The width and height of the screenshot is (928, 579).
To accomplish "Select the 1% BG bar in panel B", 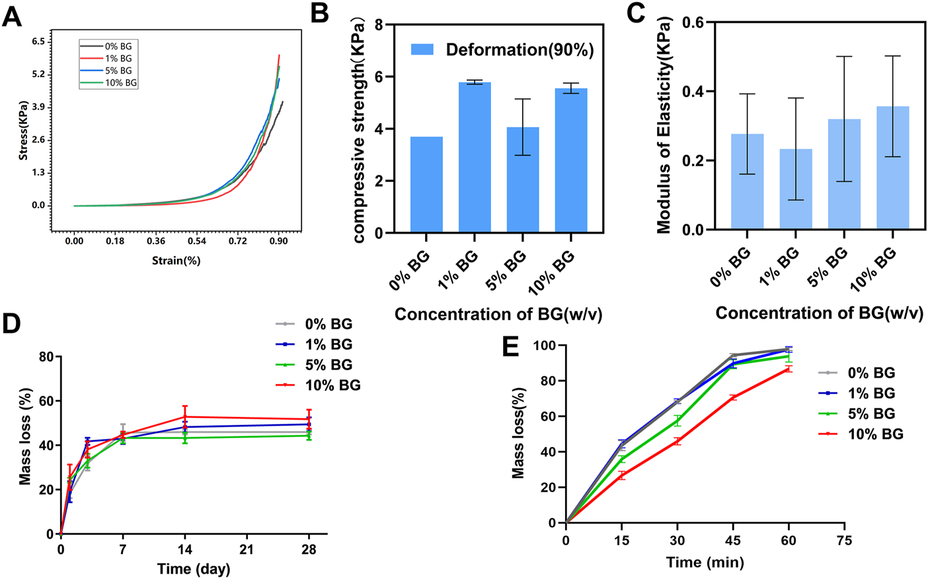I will click(475, 157).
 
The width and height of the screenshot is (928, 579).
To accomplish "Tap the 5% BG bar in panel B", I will click(523, 180).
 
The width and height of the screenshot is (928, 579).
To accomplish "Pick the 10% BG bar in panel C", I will click(893, 168).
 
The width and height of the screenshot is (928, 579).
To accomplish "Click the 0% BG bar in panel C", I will click(747, 182).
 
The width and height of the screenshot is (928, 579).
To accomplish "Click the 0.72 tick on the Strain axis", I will click(238, 241).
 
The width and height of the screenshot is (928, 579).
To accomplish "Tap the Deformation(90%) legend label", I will click(520, 50).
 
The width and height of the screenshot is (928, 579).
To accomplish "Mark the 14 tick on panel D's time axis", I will click(185, 550).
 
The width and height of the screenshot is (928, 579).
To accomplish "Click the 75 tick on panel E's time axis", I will click(844, 541).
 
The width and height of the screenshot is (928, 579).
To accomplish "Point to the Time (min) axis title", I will click(705, 562).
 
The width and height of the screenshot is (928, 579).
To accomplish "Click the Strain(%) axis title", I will click(176, 260).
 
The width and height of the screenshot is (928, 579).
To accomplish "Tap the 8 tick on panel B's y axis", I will click(379, 25).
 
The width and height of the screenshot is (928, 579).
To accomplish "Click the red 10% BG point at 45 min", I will click(732, 397).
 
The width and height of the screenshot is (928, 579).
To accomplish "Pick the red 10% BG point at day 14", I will click(185, 416).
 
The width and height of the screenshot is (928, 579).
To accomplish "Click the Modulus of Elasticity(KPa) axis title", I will click(664, 126).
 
